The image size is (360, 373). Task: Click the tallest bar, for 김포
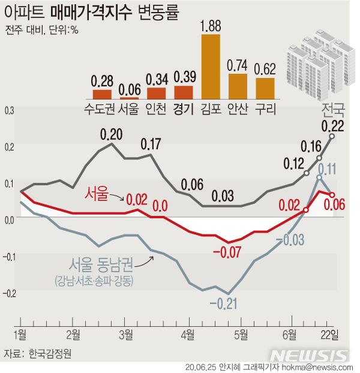(x=211, y=66)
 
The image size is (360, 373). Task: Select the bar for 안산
(x=238, y=86)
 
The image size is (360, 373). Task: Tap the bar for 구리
(x=265, y=88)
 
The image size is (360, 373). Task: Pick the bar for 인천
(x=156, y=93)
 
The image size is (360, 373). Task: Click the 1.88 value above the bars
(x=211, y=26)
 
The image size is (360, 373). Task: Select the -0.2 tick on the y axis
(x=8, y=293)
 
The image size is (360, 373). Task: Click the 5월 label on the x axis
(x=241, y=332)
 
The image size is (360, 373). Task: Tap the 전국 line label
(x=333, y=110)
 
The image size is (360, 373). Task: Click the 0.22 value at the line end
(x=332, y=125)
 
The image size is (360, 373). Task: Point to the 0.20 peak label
(x=111, y=134)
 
